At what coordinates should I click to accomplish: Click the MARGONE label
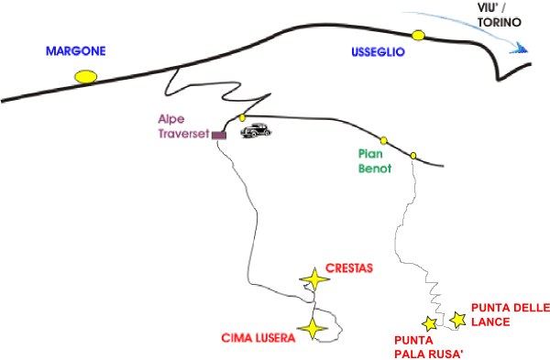(x=76, y=51)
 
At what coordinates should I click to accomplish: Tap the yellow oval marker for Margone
(x=85, y=77)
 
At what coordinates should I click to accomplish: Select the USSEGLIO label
(x=378, y=52)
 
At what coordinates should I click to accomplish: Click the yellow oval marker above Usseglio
(x=418, y=36)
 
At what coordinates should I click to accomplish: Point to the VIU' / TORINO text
(x=500, y=15)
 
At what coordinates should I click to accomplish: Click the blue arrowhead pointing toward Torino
(x=519, y=49)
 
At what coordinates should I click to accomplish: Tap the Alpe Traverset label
(x=183, y=126)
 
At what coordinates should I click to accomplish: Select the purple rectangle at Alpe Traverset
(x=219, y=136)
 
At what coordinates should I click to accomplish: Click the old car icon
(x=256, y=130)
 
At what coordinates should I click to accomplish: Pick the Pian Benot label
(x=375, y=161)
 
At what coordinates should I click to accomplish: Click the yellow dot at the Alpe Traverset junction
(x=242, y=118)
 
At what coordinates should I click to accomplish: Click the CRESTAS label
(x=349, y=268)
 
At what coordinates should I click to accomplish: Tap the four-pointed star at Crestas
(x=314, y=279)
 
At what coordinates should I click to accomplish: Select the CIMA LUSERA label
(x=258, y=338)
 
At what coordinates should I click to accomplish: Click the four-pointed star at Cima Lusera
(x=313, y=329)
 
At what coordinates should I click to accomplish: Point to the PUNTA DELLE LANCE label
(x=511, y=315)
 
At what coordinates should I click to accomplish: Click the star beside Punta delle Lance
(x=457, y=320)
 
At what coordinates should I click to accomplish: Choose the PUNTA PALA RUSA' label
(x=429, y=347)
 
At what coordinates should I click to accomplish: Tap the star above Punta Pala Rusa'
(x=429, y=324)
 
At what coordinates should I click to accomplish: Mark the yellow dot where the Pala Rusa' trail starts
(x=413, y=156)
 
